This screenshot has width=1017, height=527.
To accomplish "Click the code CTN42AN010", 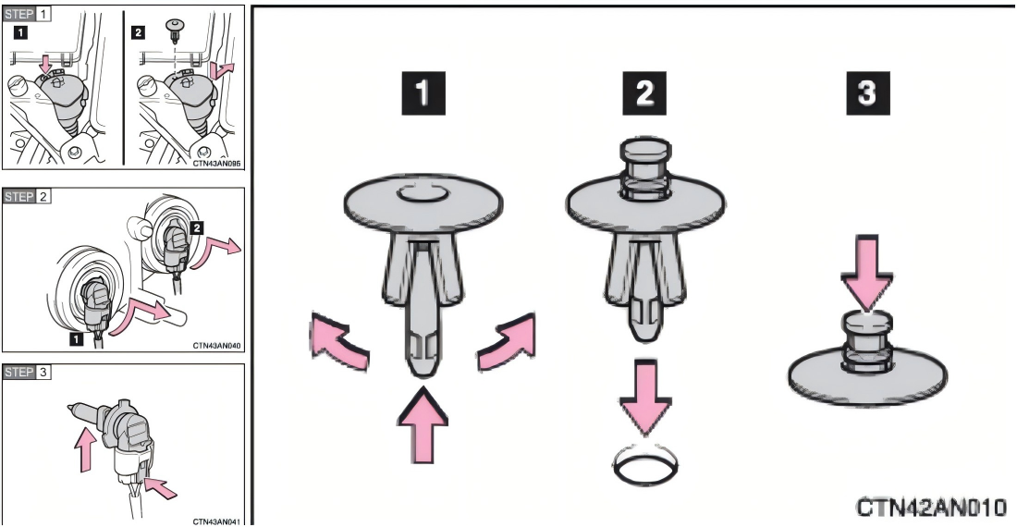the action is point(931,507).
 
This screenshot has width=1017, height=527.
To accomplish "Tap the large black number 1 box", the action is point(423,93).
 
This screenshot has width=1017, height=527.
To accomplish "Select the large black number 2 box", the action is point(644,93).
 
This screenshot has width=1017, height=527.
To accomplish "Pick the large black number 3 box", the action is point(867,93).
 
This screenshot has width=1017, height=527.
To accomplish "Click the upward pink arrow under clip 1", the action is point(423,426).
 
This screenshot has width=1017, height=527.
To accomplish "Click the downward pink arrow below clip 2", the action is point(644,398).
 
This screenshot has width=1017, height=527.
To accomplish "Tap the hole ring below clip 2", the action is point(645,463).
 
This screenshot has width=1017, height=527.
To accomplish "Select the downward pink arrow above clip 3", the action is point(867,272).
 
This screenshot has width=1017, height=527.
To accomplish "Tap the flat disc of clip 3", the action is point(868,376).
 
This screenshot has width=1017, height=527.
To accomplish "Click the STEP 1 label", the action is point(27,14).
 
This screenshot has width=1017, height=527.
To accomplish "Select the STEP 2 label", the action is point(27,196).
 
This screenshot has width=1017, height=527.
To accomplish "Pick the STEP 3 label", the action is point(27,372).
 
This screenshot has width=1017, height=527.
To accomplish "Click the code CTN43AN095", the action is point(216,164).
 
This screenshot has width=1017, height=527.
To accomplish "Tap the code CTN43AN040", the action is point(216,346).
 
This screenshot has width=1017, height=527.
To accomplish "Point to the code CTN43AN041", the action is point(216,521).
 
